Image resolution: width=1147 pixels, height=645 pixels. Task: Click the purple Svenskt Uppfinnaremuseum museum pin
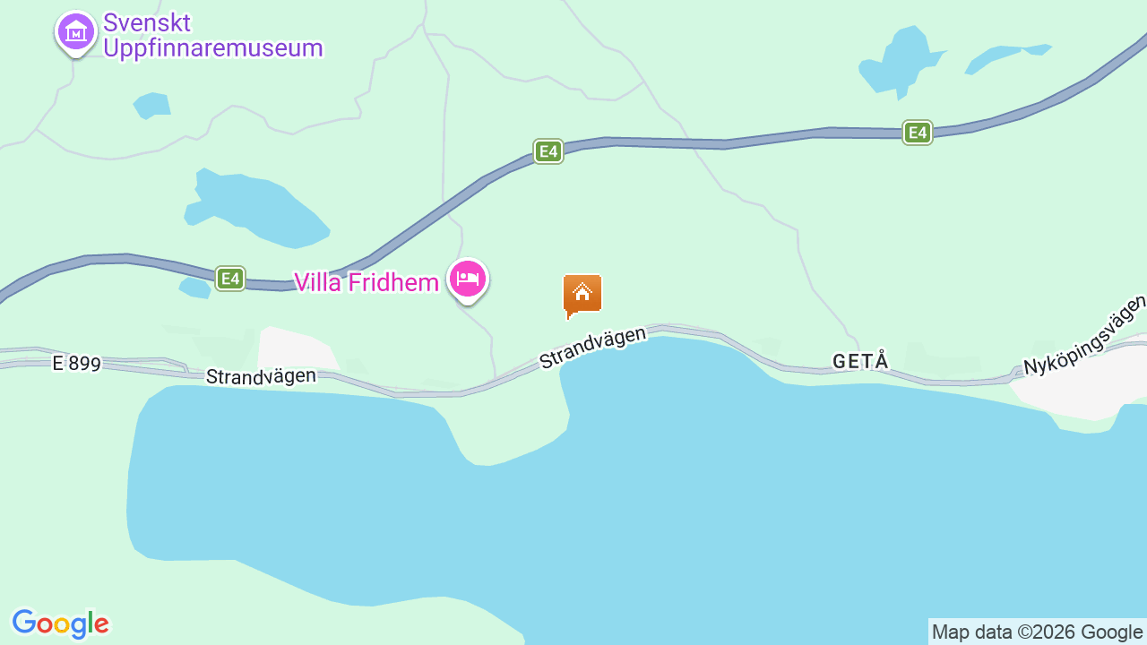click(x=76, y=32)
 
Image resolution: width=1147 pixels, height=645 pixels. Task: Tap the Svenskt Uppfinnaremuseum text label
click(x=212, y=36)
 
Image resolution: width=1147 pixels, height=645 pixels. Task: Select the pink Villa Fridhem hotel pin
click(x=468, y=279)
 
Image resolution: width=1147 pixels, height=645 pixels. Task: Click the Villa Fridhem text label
click(x=367, y=282)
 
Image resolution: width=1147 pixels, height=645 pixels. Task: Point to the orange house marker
click(x=582, y=295)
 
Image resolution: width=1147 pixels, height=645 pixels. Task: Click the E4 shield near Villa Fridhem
click(x=230, y=279)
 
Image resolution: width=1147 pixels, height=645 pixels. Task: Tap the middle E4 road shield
click(x=548, y=151)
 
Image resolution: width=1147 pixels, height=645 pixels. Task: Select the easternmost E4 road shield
click(x=917, y=133)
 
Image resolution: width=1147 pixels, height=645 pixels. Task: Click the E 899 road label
click(x=76, y=364)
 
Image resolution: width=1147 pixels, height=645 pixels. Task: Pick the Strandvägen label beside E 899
click(x=261, y=376)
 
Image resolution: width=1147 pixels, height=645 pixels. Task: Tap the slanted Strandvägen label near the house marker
click(x=592, y=348)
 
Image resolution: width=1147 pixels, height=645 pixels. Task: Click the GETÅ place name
click(x=860, y=361)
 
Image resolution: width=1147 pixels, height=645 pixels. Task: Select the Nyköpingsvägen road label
click(x=1085, y=335)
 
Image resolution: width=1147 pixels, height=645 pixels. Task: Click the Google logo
click(x=61, y=623)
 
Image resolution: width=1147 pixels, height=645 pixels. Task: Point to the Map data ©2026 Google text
click(x=1037, y=632)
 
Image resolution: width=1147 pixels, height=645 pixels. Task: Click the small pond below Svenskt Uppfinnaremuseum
click(x=152, y=106)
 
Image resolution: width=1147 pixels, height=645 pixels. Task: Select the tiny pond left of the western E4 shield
click(x=194, y=288)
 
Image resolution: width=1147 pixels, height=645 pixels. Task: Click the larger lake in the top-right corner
click(x=901, y=62)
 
